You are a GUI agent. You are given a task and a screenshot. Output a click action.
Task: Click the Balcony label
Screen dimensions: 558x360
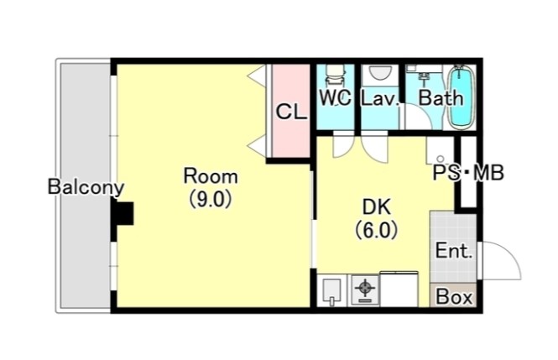pyautogui.click(x=86, y=187)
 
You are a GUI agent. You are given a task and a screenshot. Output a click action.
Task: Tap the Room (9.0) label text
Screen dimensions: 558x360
pyautogui.click(x=211, y=187)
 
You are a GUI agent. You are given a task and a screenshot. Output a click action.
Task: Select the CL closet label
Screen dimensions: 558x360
pyautogui.click(x=291, y=112)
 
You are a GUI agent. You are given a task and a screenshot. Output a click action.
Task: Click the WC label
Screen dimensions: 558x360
pyautogui.click(x=336, y=97)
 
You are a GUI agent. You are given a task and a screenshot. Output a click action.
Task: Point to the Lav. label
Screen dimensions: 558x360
pyautogui.click(x=379, y=98)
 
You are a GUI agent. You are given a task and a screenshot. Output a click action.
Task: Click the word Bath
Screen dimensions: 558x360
pyautogui.click(x=441, y=98)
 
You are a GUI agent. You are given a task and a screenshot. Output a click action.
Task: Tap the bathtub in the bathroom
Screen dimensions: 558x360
pyautogui.click(x=462, y=97)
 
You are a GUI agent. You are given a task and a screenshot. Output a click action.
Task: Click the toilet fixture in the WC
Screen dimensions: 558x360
pyautogui.click(x=336, y=75)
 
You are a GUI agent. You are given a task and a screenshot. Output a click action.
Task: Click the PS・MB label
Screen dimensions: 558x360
pyautogui.click(x=468, y=173)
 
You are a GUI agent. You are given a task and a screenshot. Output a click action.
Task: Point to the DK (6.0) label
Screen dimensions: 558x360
pyautogui.click(x=377, y=218)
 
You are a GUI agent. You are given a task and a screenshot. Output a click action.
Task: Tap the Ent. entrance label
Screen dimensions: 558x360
pyautogui.click(x=454, y=250)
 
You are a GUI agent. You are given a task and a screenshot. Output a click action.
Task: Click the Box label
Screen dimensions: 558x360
pyautogui.click(x=454, y=297)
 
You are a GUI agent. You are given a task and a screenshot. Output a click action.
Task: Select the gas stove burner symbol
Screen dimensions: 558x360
pyautogui.click(x=365, y=288)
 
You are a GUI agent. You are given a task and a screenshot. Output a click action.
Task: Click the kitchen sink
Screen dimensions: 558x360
pyautogui.click(x=331, y=290)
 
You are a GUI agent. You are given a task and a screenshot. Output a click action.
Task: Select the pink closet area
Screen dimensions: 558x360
pyautogui.click(x=290, y=111)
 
